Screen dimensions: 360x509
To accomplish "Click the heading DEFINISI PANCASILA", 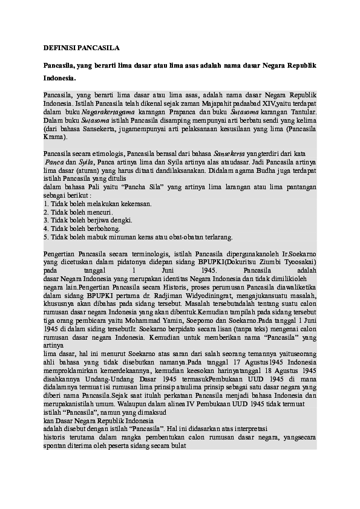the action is tap(82, 47).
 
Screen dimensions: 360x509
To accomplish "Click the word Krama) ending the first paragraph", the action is tap(56, 138).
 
